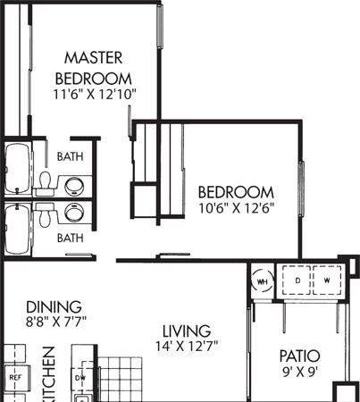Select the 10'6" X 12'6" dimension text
click(235, 208)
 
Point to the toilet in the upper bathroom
click(44, 183)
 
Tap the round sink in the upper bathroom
click(74, 186)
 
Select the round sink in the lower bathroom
click(74, 213)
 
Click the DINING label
click(54, 306)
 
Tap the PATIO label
click(299, 356)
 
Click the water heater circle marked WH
click(263, 281)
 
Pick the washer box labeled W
click(326, 281)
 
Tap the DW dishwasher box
click(81, 377)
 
